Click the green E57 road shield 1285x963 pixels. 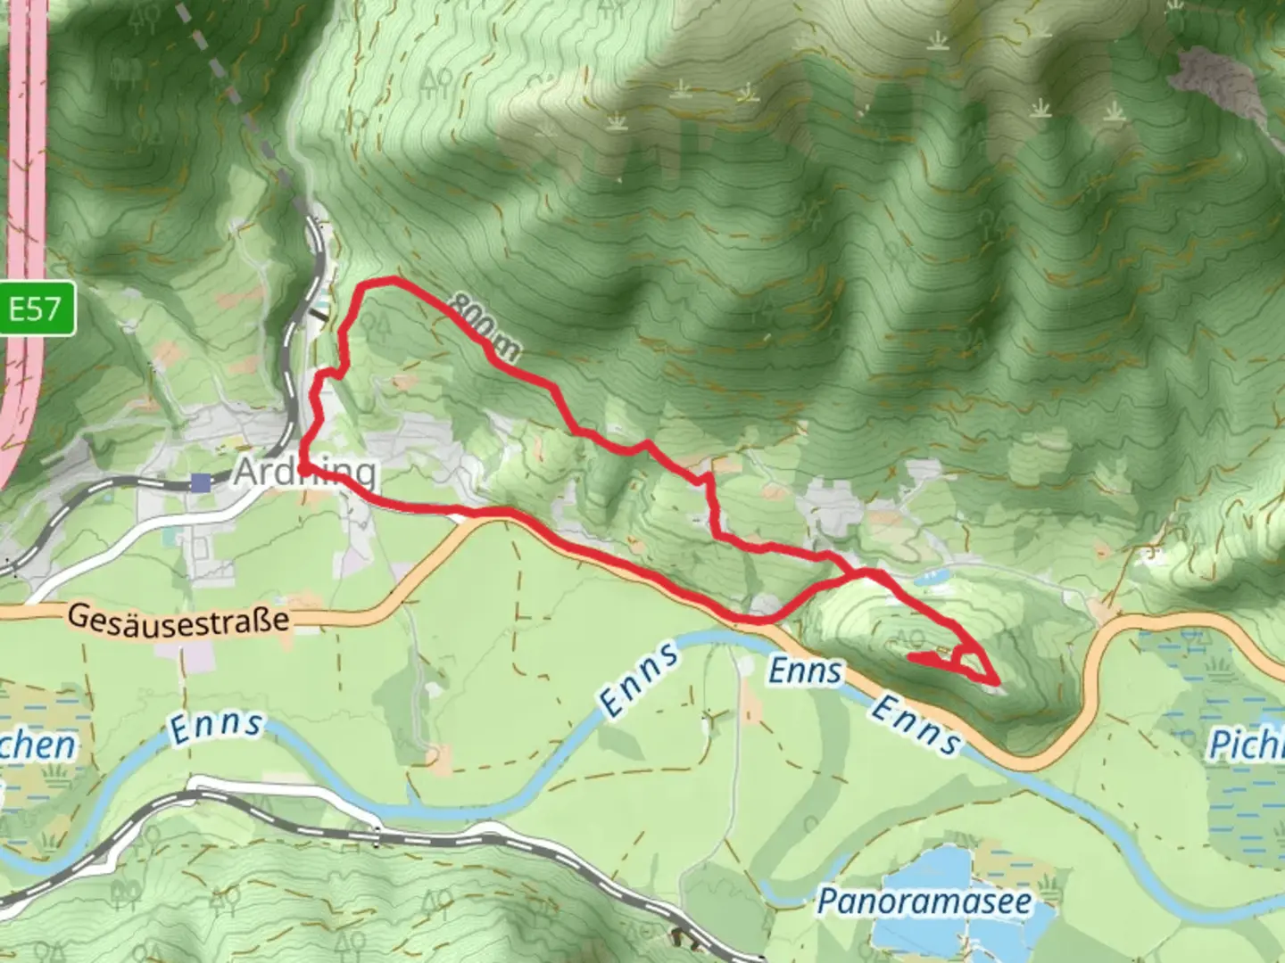tap(37, 309)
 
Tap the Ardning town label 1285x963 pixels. tap(304, 473)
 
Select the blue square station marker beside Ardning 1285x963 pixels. tap(201, 482)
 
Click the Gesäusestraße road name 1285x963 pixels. tap(178, 620)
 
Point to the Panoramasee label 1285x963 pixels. tap(924, 901)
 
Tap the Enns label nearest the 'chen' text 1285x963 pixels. tap(216, 725)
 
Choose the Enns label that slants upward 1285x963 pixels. tap(639, 679)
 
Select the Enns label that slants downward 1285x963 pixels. tap(916, 723)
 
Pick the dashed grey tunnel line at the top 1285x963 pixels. tap(223, 71)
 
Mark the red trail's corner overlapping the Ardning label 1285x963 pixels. tap(305, 466)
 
